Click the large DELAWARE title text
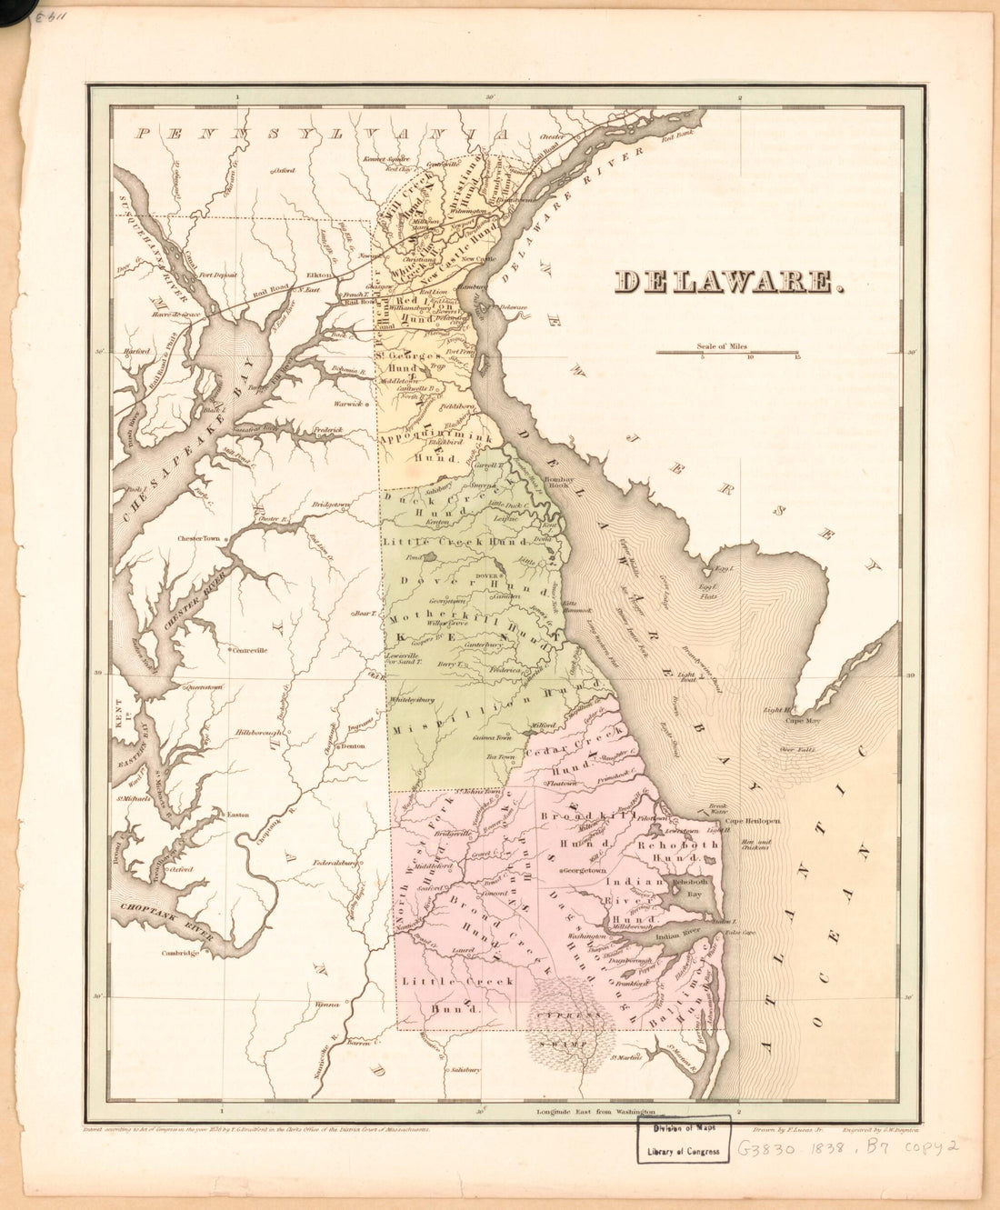725,283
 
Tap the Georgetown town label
584,870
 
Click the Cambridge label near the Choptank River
180,953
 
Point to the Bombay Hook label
555,482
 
